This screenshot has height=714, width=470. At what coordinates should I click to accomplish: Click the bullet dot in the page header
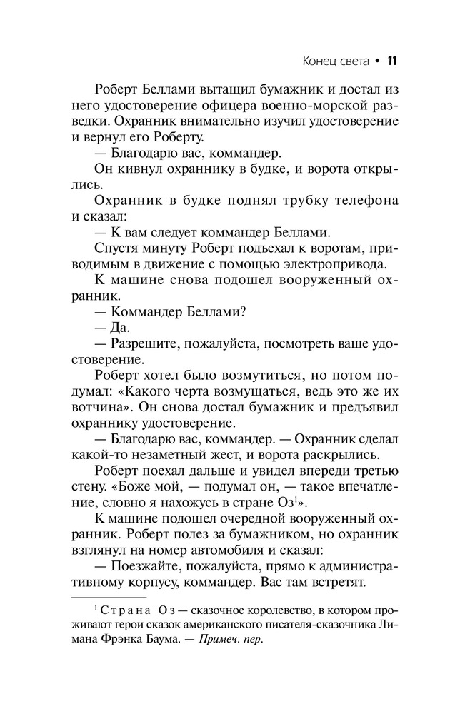tap(376, 61)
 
